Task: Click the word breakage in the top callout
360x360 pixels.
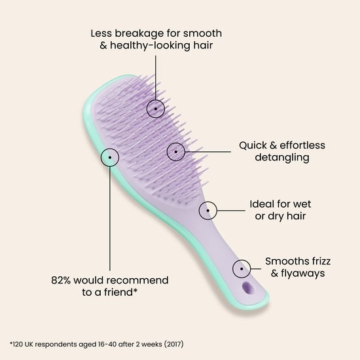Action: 139,33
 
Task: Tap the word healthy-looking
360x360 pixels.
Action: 150,45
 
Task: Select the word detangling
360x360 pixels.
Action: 282,158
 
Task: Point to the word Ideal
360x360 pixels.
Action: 262,204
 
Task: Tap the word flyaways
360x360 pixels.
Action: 303,274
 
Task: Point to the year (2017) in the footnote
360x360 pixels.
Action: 174,344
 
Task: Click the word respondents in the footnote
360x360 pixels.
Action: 56,344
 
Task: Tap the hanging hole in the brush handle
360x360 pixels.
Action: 247,288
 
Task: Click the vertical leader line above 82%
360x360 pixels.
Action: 110,219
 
